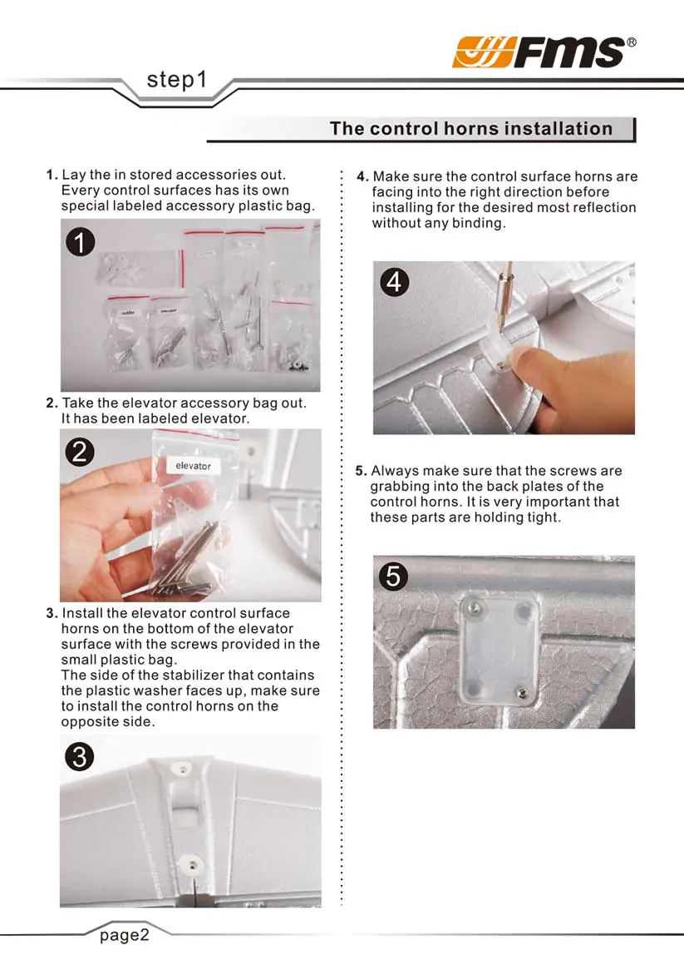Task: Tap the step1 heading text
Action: [x=177, y=80]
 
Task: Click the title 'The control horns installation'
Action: [x=471, y=128]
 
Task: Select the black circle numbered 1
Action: [x=81, y=242]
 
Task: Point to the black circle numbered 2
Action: [x=80, y=453]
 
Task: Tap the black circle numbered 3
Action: [x=80, y=756]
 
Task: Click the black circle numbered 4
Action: [x=394, y=283]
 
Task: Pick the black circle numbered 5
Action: [x=394, y=577]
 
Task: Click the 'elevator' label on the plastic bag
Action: [x=194, y=466]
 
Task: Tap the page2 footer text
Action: [x=125, y=935]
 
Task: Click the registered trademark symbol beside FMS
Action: [x=631, y=42]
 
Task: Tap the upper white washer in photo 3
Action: [x=182, y=770]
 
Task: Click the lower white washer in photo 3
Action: [x=193, y=864]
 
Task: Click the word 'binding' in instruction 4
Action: [x=478, y=223]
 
